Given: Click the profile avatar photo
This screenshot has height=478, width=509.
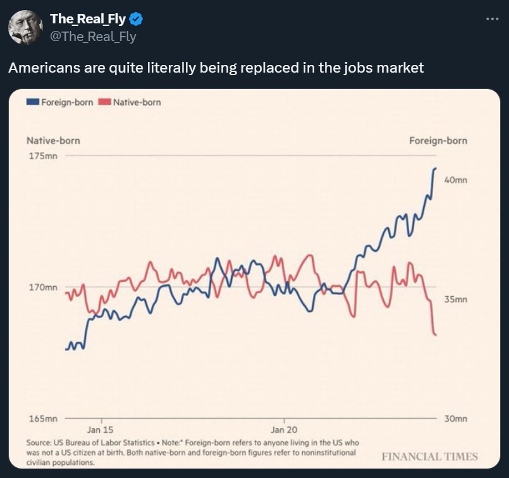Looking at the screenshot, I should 25,27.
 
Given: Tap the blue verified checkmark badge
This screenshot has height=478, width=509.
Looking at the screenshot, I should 136,20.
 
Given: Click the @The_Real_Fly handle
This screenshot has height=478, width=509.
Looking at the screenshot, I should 93,37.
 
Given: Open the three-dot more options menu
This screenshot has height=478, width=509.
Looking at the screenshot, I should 492,19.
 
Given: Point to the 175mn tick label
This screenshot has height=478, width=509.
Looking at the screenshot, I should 42,155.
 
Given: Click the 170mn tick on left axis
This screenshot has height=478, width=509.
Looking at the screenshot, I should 42,287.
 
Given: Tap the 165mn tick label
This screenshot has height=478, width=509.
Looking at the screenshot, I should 42,419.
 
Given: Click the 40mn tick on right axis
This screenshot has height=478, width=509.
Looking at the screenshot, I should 455,180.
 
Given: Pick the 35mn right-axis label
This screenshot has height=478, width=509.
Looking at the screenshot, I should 455,299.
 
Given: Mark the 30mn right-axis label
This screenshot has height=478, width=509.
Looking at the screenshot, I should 455,419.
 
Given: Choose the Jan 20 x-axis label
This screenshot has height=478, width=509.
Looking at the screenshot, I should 285,429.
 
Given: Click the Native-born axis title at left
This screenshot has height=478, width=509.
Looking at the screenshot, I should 53,140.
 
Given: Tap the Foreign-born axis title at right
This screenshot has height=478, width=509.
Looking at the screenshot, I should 438,140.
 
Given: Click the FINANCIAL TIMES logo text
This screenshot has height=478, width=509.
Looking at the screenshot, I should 430,457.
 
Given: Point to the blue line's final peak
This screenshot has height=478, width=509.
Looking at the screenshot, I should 435,169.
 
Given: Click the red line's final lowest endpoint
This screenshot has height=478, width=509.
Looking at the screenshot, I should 436,335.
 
